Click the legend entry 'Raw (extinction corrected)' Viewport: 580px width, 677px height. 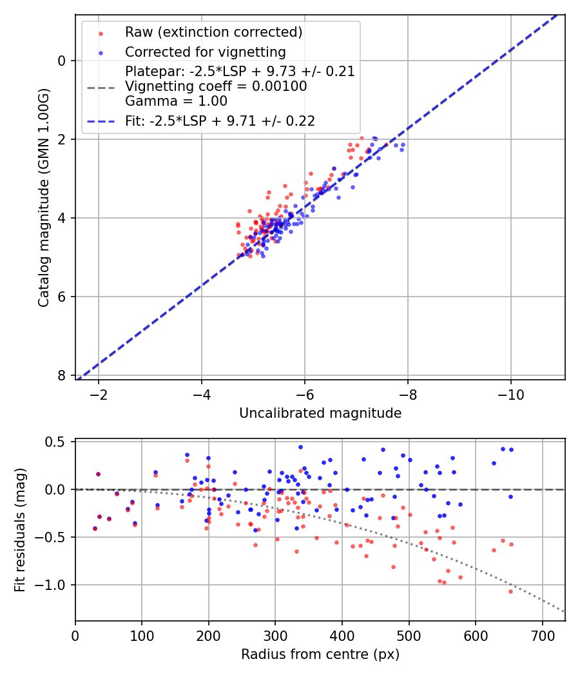click(x=213, y=32)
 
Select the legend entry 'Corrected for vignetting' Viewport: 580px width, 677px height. click(x=205, y=52)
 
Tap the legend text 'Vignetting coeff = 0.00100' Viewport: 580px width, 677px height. click(x=216, y=86)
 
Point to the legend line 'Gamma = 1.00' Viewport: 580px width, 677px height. click(x=176, y=101)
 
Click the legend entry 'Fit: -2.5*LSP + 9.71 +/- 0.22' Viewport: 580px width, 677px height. click(x=220, y=121)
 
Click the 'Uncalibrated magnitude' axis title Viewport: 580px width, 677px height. click(x=320, y=413)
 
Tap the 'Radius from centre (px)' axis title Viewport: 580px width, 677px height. click(x=320, y=654)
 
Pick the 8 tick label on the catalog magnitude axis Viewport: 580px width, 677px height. click(x=62, y=375)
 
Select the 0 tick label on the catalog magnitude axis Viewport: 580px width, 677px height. click(x=62, y=61)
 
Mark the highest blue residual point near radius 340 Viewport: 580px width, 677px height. click(x=300, y=447)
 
